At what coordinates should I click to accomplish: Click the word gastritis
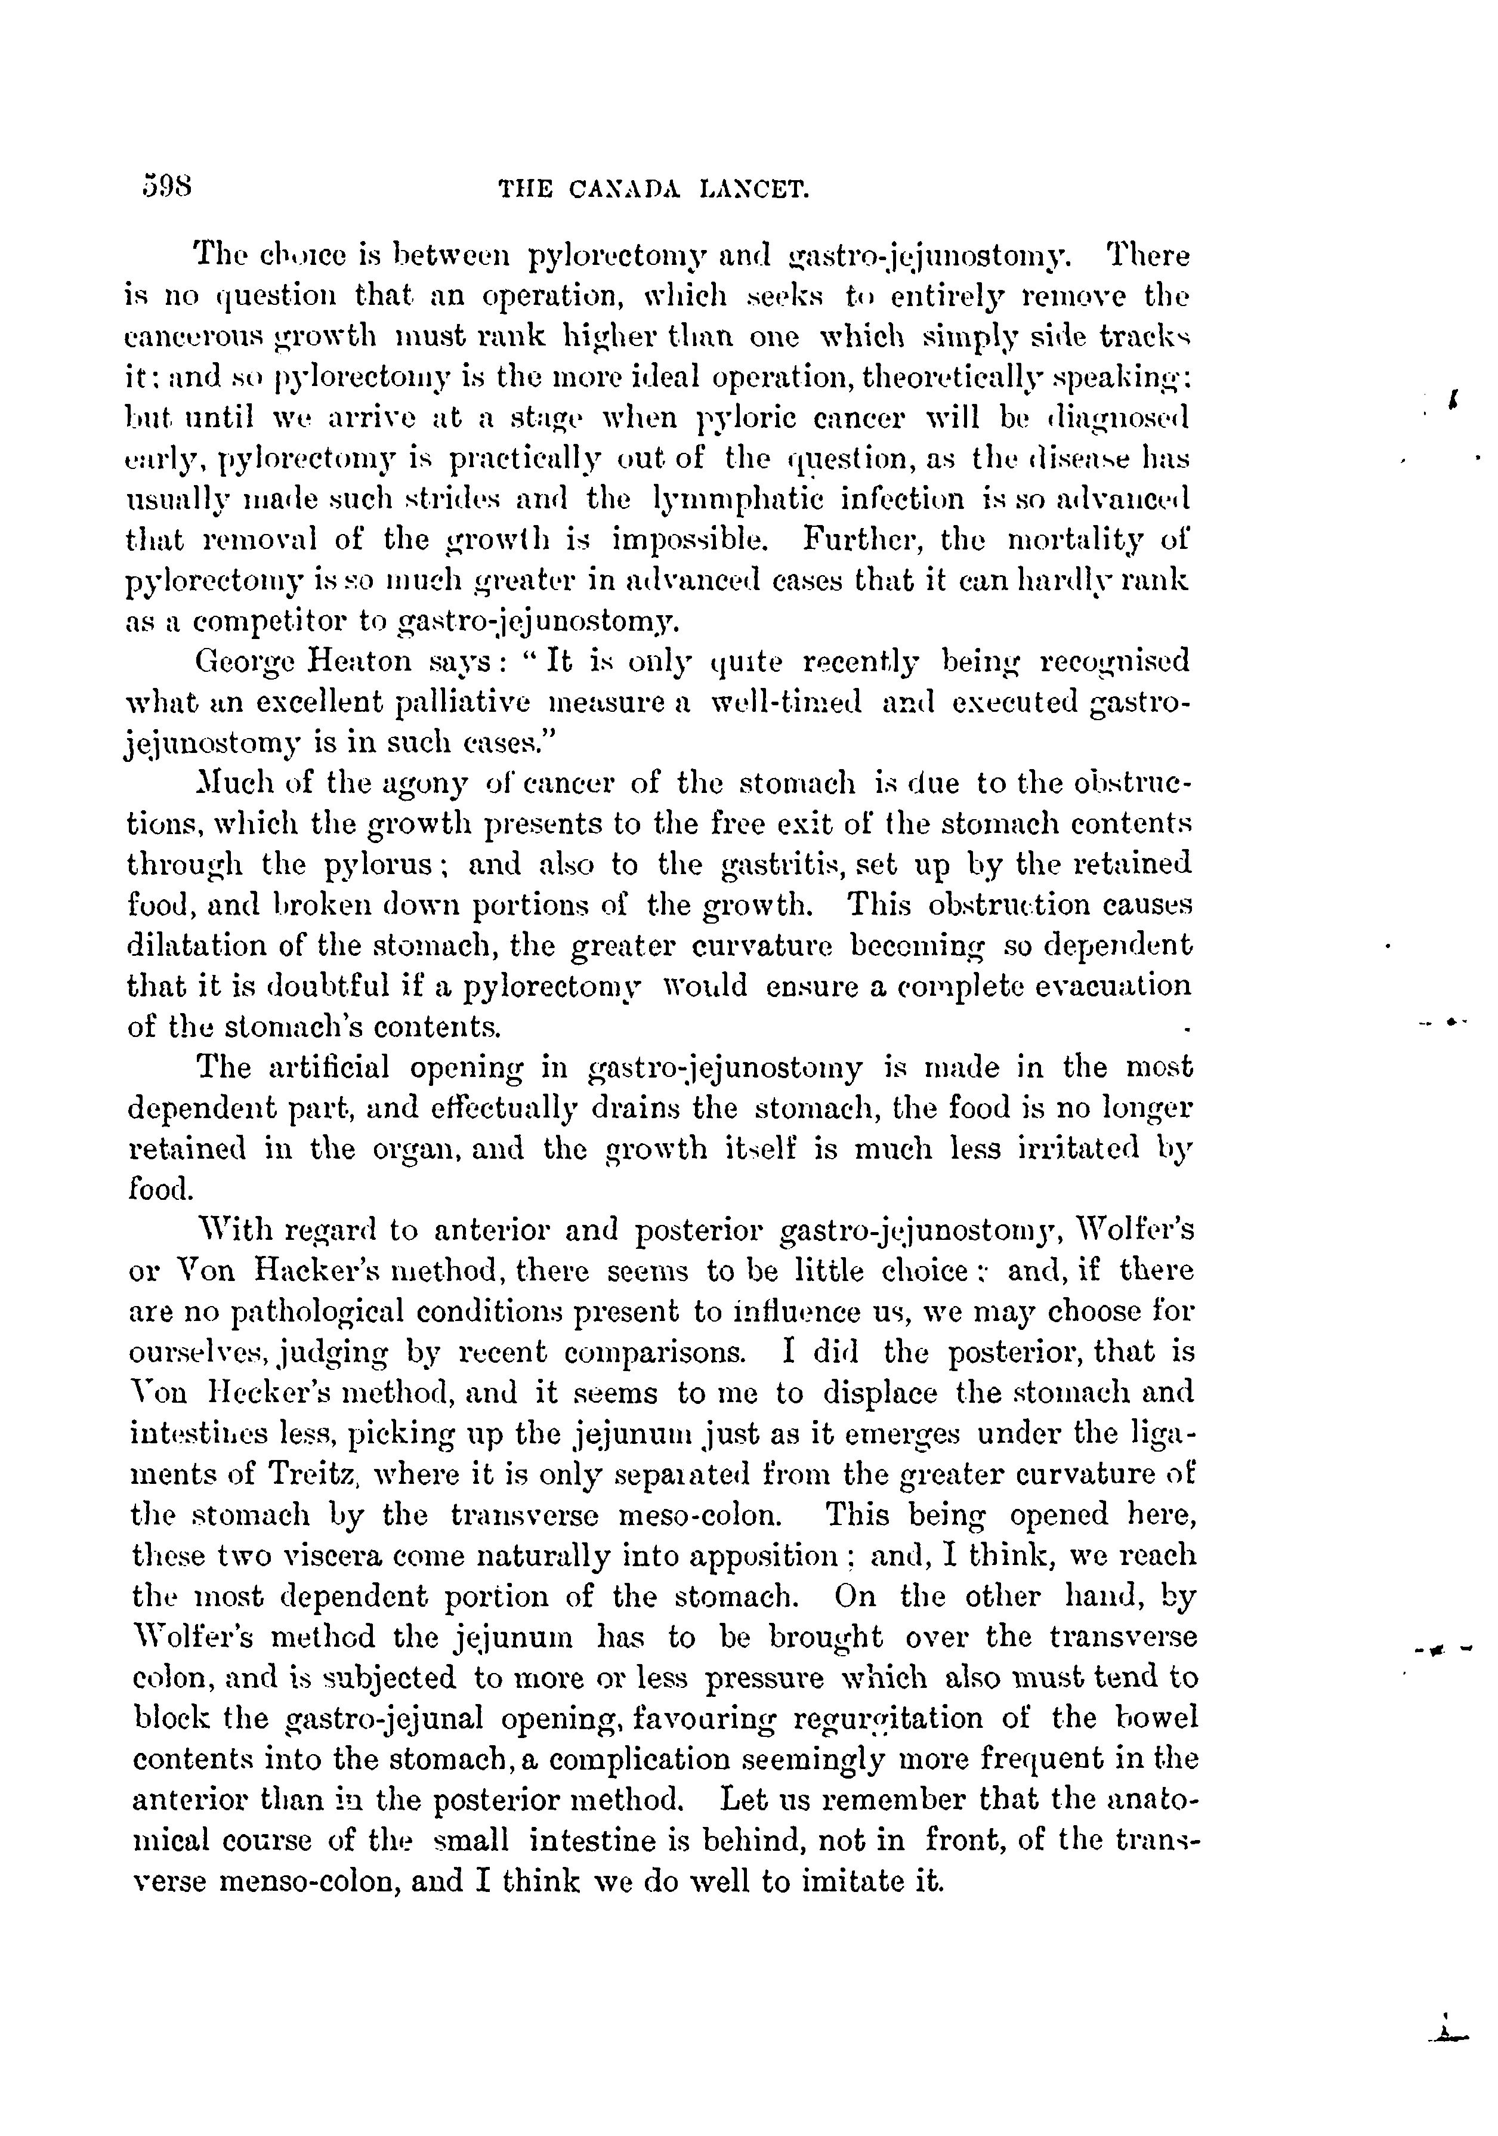pos(783,865)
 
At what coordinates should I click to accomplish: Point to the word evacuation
pos(1111,986)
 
